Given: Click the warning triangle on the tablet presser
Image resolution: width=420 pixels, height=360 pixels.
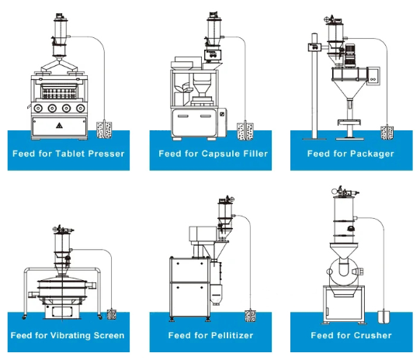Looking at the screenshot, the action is (x=59, y=125).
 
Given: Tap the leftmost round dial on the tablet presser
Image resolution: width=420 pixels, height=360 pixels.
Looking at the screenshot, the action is (x=38, y=108).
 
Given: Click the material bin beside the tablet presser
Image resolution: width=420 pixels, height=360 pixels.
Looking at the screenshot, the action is (x=104, y=130).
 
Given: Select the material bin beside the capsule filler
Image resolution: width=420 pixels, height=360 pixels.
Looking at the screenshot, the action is (x=245, y=131).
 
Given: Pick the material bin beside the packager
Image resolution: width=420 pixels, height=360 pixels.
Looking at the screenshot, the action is (x=387, y=133).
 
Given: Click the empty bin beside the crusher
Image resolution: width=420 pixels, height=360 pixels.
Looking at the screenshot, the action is (x=384, y=317).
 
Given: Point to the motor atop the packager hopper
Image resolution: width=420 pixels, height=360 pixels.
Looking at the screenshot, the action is (x=349, y=55).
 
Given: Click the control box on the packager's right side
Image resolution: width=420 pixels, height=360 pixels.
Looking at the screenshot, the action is (x=373, y=76).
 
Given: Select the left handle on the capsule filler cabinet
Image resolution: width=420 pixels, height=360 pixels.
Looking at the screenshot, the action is (x=182, y=116).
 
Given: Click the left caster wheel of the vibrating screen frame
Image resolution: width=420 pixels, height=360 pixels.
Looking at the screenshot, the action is (x=25, y=317).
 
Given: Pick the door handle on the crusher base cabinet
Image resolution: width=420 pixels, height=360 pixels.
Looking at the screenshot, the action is (x=328, y=312).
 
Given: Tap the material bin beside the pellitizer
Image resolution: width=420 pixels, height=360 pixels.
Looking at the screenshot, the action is (x=250, y=316).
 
